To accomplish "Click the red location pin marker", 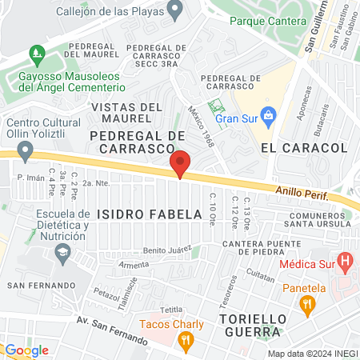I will pyautogui.click(x=180, y=163).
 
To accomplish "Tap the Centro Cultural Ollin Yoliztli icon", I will pyautogui.click(x=26, y=150).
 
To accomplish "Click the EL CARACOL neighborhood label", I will pyautogui.click(x=303, y=148).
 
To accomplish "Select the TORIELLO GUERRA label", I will pyautogui.click(x=252, y=326).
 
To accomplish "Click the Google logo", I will pyautogui.click(x=26, y=350).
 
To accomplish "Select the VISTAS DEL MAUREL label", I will pyautogui.click(x=127, y=113).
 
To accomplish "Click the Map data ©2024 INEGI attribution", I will pyautogui.click(x=311, y=354).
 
